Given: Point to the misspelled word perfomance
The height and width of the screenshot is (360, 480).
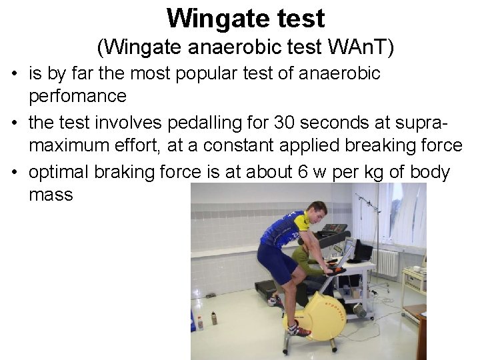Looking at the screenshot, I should click(77, 96).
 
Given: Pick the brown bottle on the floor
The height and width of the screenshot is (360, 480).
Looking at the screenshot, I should click(214, 319).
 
